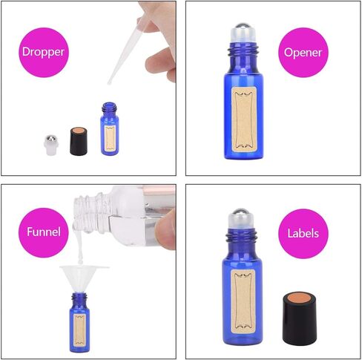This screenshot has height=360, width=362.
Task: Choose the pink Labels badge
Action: click(303, 233)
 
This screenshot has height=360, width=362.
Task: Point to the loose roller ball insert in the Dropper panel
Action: click(47, 143)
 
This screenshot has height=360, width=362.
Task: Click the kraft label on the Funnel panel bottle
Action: click(80, 324)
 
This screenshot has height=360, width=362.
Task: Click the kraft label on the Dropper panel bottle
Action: click(111, 138)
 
